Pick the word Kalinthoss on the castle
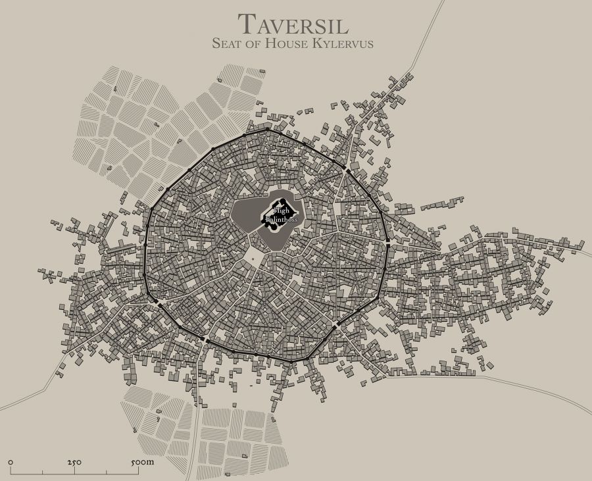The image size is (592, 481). pos(282,220)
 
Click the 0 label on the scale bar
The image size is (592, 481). pos(11,463)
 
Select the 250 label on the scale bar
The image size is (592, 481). pos(74,463)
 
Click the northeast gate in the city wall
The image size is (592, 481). pos(347,171)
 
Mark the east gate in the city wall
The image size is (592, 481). pos(388,245)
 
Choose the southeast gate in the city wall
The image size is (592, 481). pos(335,325)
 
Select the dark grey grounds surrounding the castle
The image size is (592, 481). pos(250,217)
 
